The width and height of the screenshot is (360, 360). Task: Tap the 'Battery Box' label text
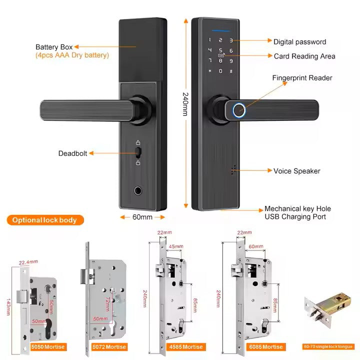[x=54, y=47]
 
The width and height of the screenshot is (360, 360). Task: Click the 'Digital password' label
[x=299, y=42]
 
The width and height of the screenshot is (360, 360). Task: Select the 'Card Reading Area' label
[x=304, y=56]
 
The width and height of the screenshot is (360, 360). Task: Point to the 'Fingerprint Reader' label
[x=302, y=78]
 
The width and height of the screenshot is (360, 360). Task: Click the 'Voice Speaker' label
[x=296, y=171]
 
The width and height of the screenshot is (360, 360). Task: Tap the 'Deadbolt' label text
[x=72, y=153]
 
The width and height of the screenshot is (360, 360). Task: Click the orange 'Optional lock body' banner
[x=45, y=220]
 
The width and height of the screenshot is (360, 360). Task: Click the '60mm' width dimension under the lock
[x=142, y=217]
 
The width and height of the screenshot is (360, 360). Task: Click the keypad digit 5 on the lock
[x=220, y=50]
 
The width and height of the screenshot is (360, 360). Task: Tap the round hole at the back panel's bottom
[x=137, y=190]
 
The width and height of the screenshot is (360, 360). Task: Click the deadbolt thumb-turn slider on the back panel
[x=137, y=152]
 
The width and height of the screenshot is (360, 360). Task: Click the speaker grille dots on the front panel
[x=233, y=170]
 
